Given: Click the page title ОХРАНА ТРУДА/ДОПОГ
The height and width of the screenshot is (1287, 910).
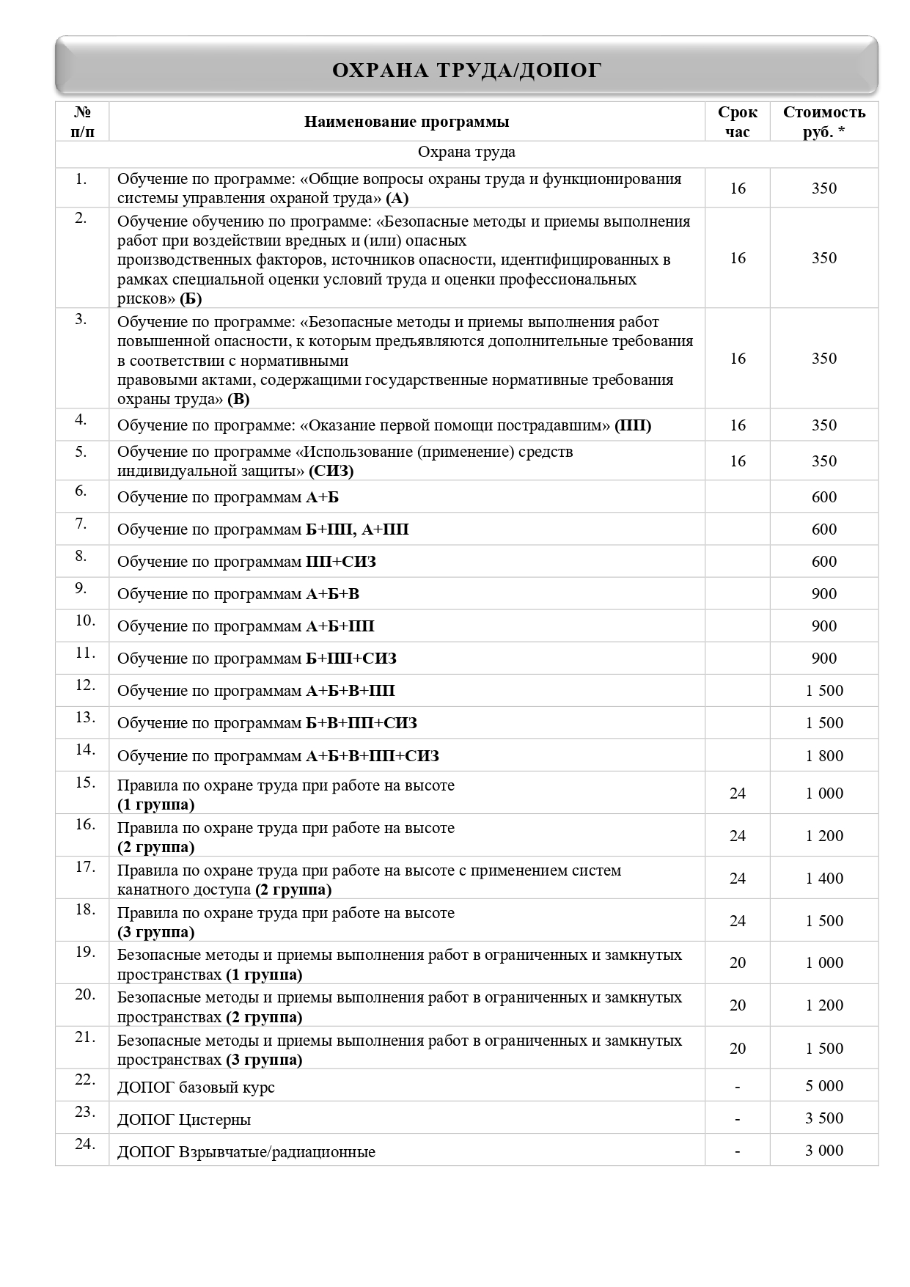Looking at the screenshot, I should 466,70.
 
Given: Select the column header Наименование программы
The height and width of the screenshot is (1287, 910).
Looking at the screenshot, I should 406,122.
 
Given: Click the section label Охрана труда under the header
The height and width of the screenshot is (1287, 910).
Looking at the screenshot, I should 466,153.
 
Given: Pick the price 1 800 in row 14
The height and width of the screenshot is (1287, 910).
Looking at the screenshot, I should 824,755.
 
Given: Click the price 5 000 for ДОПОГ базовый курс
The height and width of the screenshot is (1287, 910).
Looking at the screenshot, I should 824,1086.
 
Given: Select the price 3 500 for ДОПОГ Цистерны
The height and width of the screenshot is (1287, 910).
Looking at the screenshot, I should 824,1118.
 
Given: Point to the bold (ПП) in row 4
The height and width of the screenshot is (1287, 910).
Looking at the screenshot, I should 632,425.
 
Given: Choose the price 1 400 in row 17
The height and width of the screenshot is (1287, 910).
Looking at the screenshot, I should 824,879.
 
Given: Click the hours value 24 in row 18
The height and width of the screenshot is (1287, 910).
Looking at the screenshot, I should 737,921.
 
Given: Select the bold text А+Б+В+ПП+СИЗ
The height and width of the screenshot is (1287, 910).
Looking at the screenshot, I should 372,756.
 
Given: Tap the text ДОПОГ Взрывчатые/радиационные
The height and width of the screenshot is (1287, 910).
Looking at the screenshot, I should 246,1152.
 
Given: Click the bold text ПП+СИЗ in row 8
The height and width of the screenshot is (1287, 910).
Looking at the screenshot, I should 340,562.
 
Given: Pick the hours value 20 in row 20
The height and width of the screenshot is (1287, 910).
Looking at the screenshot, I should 737,1005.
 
